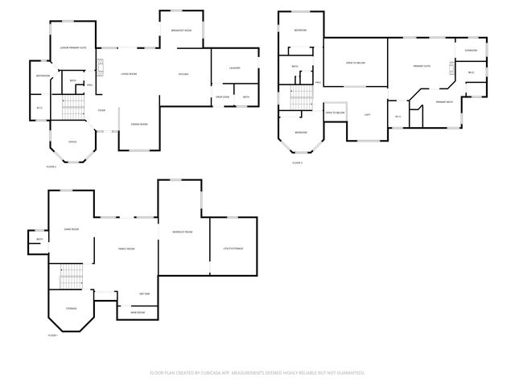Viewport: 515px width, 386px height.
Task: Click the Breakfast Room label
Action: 181,31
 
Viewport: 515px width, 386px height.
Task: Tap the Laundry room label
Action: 235,68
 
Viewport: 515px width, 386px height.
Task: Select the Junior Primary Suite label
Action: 73,48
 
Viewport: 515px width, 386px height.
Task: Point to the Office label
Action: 72,142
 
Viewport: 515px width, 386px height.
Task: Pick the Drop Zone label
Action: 222,97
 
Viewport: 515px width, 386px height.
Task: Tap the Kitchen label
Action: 183,75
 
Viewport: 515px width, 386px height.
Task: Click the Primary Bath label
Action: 444,102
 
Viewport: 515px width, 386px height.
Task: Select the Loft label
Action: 367,115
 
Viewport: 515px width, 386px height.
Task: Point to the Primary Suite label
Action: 422,66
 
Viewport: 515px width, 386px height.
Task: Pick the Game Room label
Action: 72,229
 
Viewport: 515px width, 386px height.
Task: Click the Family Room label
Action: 126,249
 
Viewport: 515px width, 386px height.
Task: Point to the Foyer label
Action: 102,110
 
